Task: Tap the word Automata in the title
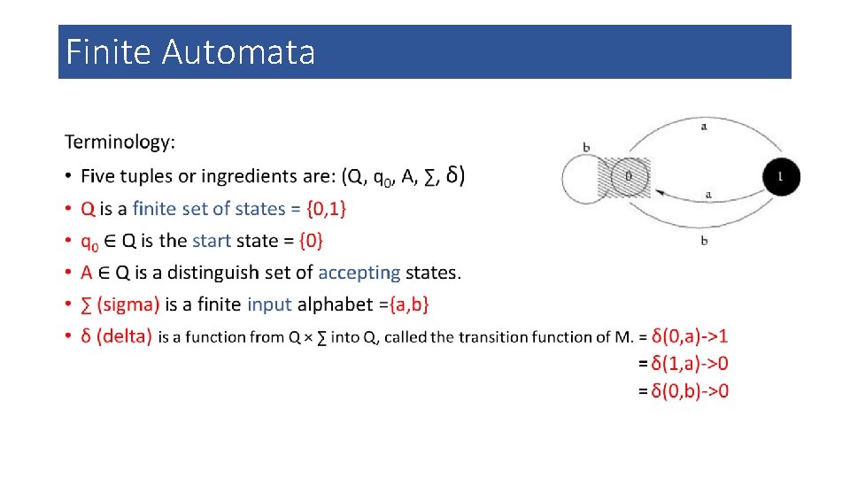click(x=238, y=52)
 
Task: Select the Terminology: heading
click(x=120, y=142)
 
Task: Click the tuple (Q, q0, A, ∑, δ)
click(x=403, y=176)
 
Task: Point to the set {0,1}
click(x=326, y=209)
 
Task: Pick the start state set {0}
click(x=311, y=241)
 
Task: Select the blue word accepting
click(x=359, y=273)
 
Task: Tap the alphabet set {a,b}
click(x=404, y=305)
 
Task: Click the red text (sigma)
click(x=128, y=305)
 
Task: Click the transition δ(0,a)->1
click(x=690, y=336)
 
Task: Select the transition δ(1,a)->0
click(x=690, y=364)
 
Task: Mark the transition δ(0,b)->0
click(x=690, y=391)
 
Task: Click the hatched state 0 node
click(x=627, y=177)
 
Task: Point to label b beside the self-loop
click(x=586, y=147)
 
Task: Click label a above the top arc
click(x=704, y=127)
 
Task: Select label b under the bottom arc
click(x=704, y=240)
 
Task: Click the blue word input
click(x=269, y=305)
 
